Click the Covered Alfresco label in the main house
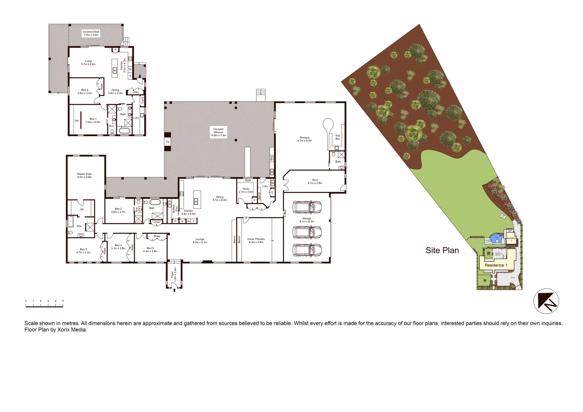(218, 132)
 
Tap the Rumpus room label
(304, 139)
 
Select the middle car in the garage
(307, 232)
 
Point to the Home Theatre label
(256, 240)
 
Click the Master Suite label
(84, 175)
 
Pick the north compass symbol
(546, 301)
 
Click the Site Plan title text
(442, 251)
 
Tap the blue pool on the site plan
(496, 239)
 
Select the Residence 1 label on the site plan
(496, 265)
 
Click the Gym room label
(315, 181)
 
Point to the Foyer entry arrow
(174, 290)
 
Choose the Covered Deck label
(91, 33)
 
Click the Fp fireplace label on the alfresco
(167, 142)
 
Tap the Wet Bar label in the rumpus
(337, 137)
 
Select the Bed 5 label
(150, 249)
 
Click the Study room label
(246, 190)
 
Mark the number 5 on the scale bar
(63, 301)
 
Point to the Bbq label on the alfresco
(272, 158)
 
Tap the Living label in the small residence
(88, 63)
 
